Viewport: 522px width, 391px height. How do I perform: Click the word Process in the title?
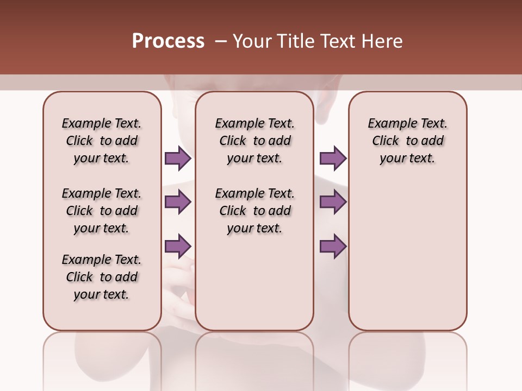tap(168, 41)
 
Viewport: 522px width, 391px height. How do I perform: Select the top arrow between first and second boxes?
tap(178, 158)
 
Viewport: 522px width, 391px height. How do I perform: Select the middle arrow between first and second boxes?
tap(178, 202)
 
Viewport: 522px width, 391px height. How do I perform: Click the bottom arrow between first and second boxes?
tap(178, 246)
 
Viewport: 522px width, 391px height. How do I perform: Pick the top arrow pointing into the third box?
tap(333, 158)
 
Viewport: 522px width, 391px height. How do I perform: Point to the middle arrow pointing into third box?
tap(333, 202)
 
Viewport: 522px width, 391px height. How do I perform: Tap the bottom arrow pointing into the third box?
tap(333, 246)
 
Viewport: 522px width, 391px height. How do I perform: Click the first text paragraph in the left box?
tap(102, 141)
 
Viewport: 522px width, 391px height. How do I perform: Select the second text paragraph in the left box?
tap(102, 211)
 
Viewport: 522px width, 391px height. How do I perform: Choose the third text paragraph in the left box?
tap(102, 277)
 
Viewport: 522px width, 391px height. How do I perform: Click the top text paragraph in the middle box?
tap(254, 141)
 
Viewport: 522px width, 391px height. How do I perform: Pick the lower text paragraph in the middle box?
tap(254, 211)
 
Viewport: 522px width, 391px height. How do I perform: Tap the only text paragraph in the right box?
tap(407, 141)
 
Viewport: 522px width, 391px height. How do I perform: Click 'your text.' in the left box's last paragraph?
tap(102, 294)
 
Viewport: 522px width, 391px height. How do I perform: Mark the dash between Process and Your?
tap(220, 41)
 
